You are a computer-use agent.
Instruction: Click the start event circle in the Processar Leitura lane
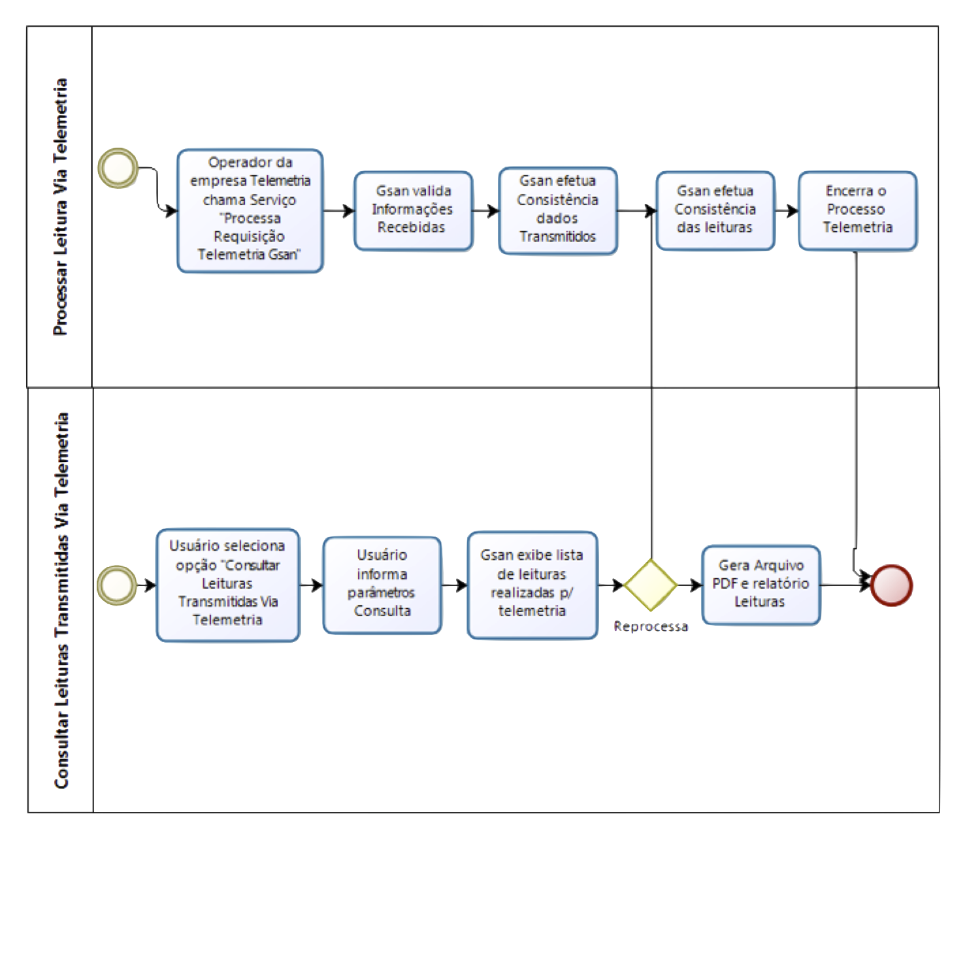(118, 168)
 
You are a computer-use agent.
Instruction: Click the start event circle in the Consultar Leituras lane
(117, 584)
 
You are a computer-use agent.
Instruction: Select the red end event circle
(891, 585)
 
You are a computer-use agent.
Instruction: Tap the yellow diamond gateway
(650, 585)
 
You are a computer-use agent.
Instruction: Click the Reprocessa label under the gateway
(651, 626)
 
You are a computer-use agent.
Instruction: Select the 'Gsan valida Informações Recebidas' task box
(414, 210)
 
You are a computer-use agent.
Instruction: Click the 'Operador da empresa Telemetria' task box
(250, 210)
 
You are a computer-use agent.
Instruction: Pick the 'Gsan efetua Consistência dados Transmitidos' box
(557, 210)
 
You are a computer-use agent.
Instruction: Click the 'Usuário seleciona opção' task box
(228, 584)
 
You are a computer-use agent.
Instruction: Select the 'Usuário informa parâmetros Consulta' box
(382, 584)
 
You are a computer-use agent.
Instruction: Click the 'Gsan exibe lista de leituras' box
(532, 584)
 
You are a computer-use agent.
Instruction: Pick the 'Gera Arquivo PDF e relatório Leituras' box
(761, 584)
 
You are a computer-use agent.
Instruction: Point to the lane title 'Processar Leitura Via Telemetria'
(61, 207)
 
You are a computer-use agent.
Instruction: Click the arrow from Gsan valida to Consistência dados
(485, 210)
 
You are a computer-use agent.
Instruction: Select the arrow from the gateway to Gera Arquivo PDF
(689, 585)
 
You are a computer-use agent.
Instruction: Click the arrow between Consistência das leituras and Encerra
(787, 210)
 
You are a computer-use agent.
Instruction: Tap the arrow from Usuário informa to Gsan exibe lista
(454, 585)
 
